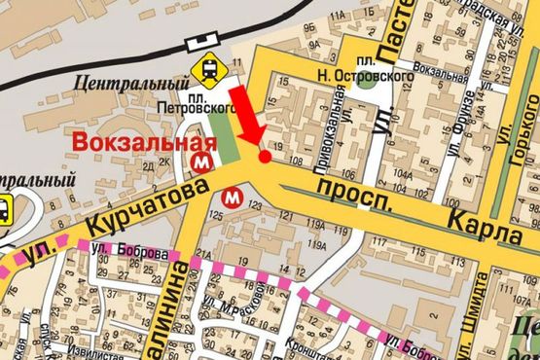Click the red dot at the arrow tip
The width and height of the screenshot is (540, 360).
263,156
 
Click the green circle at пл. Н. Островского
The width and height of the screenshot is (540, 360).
365,80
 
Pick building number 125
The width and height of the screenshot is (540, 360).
216,213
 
